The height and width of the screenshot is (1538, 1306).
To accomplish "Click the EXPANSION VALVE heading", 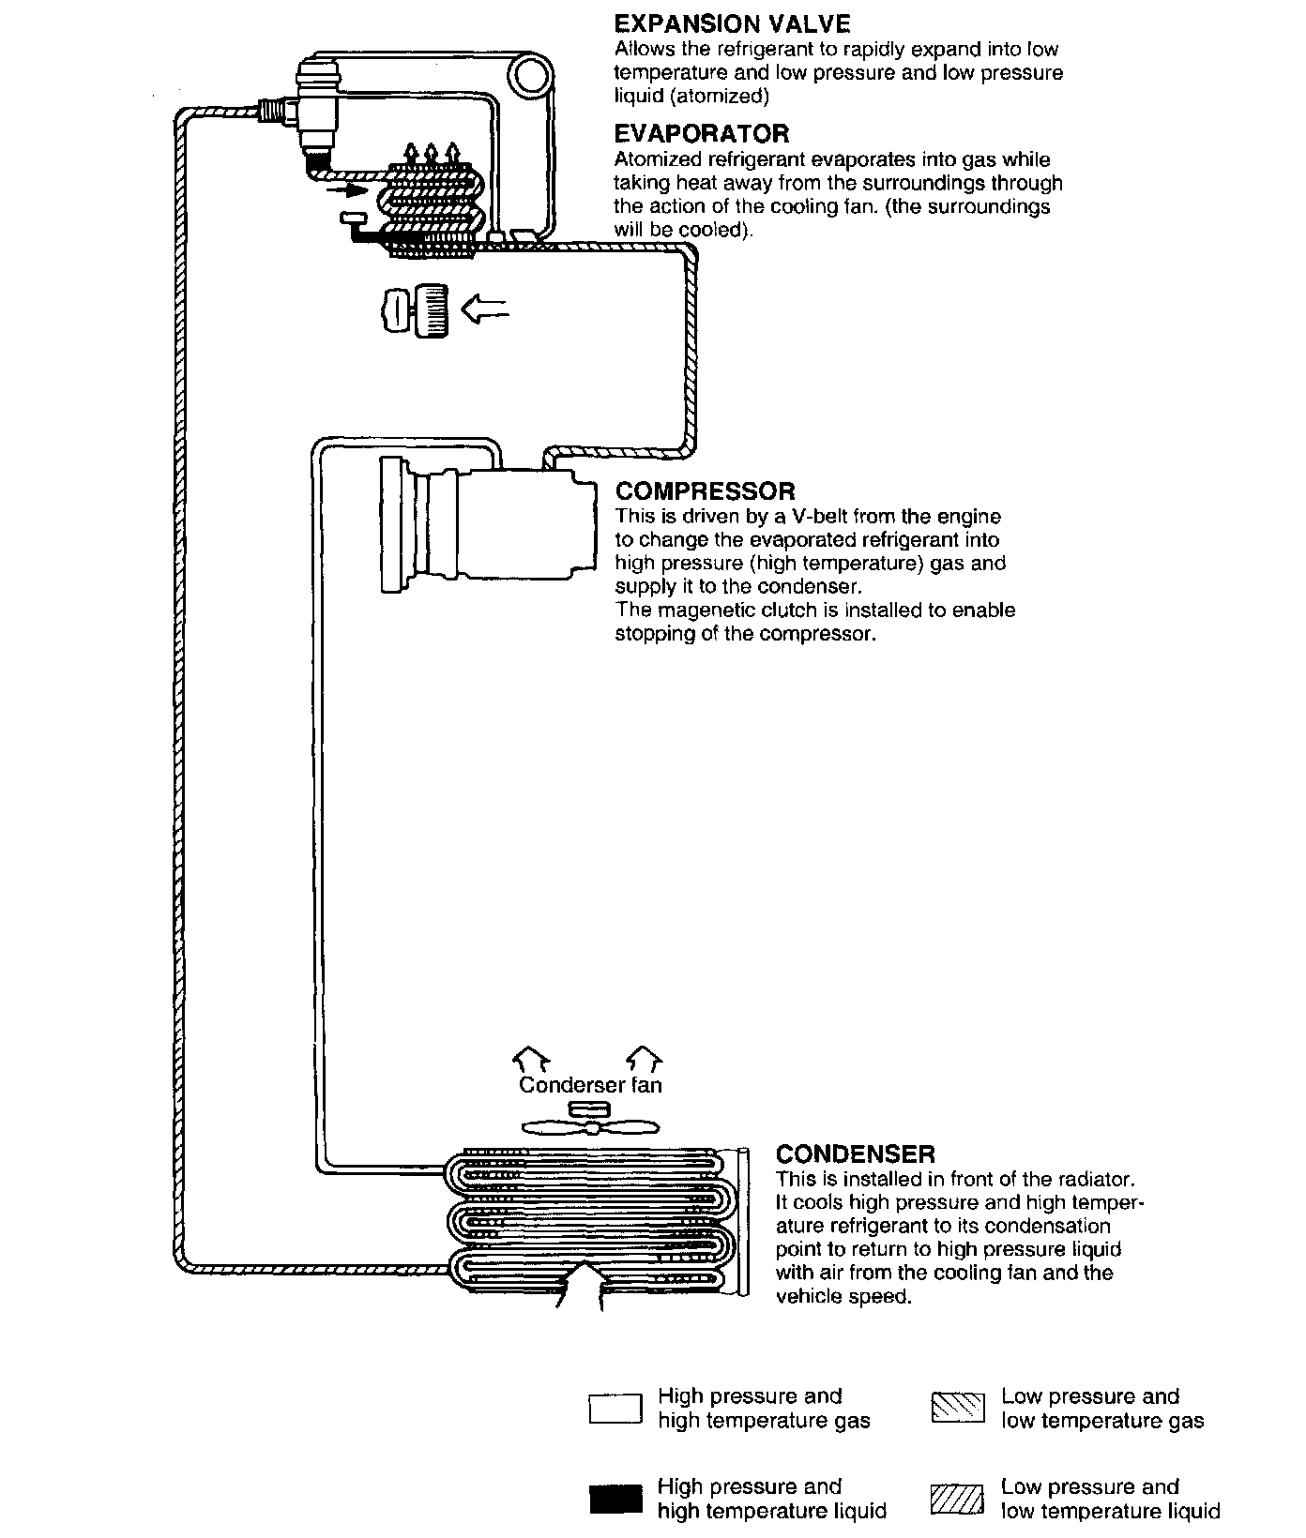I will click(732, 24).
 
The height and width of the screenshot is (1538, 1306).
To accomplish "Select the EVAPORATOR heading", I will click(701, 134).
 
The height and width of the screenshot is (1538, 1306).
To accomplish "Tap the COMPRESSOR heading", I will click(705, 491).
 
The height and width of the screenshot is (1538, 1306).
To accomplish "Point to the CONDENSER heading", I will click(855, 1154).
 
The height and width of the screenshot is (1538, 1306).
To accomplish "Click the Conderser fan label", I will click(590, 1085).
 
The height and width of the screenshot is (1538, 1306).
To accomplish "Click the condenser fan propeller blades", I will click(590, 1127).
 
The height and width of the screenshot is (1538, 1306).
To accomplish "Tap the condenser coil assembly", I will click(591, 1218).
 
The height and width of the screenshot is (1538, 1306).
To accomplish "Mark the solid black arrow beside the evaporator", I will click(350, 190).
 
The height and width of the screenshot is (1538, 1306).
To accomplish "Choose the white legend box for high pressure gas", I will click(615, 1409).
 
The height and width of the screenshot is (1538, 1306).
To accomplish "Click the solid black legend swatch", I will click(615, 1499).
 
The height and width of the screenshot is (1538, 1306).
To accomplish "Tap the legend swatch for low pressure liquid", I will click(957, 1499).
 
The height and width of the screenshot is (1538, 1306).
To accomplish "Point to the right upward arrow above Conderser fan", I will click(645, 1059).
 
